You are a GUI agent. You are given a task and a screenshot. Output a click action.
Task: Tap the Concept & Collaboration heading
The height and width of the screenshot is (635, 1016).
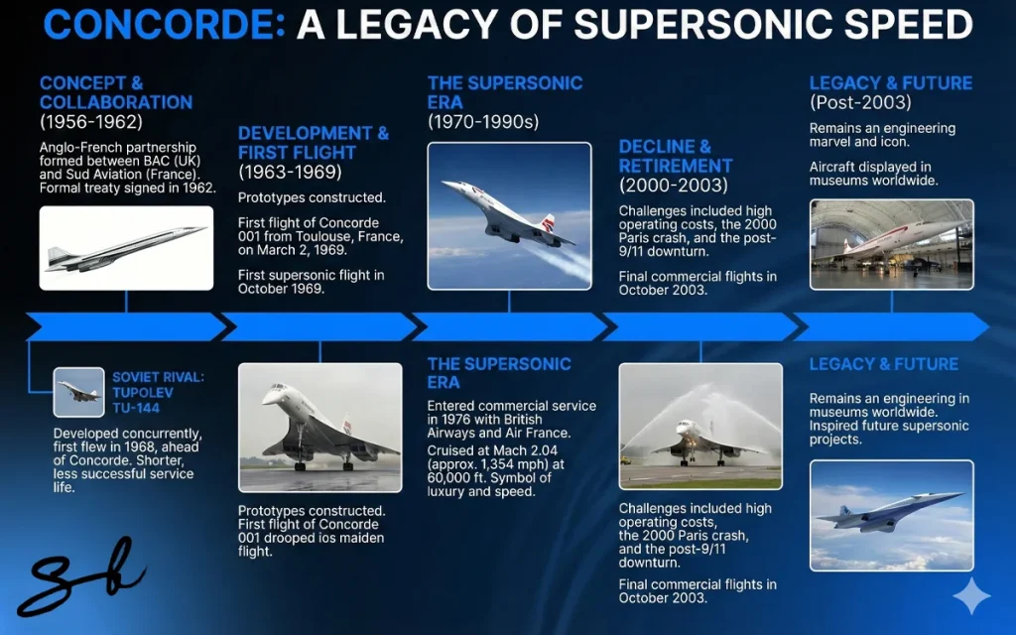pyautogui.click(x=116, y=92)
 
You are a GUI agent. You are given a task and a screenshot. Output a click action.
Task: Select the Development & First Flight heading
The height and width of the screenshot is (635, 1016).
pyautogui.click(x=314, y=143)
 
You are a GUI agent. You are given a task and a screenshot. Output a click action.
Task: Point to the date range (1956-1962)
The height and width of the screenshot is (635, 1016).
pyautogui.click(x=91, y=122)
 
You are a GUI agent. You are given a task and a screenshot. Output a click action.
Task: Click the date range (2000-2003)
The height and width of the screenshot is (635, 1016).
pyautogui.click(x=673, y=187)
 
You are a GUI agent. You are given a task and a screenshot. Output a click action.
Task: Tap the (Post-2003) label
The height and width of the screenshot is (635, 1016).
pyautogui.click(x=859, y=103)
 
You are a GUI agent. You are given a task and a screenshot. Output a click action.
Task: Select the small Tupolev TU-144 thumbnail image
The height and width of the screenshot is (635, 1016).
pyautogui.click(x=79, y=392)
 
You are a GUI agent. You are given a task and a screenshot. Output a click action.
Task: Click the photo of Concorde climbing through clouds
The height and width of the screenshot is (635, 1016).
pyautogui.click(x=509, y=215)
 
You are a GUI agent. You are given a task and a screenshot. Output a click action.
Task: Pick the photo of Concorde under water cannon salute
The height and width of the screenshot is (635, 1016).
pyautogui.click(x=700, y=426)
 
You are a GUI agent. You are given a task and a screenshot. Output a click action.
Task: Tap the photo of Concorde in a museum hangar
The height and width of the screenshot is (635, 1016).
pyautogui.click(x=891, y=244)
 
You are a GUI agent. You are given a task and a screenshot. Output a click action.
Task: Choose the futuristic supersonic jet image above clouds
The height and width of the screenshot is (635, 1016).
pyautogui.click(x=891, y=514)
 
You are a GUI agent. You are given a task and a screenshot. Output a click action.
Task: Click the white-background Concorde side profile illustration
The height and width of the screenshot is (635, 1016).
pyautogui.click(x=126, y=248)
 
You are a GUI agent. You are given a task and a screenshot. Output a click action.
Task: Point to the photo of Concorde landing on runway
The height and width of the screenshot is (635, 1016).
pyautogui.click(x=320, y=427)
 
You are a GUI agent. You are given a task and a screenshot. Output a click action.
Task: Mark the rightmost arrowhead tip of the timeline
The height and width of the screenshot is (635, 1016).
pyautogui.click(x=987, y=326)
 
